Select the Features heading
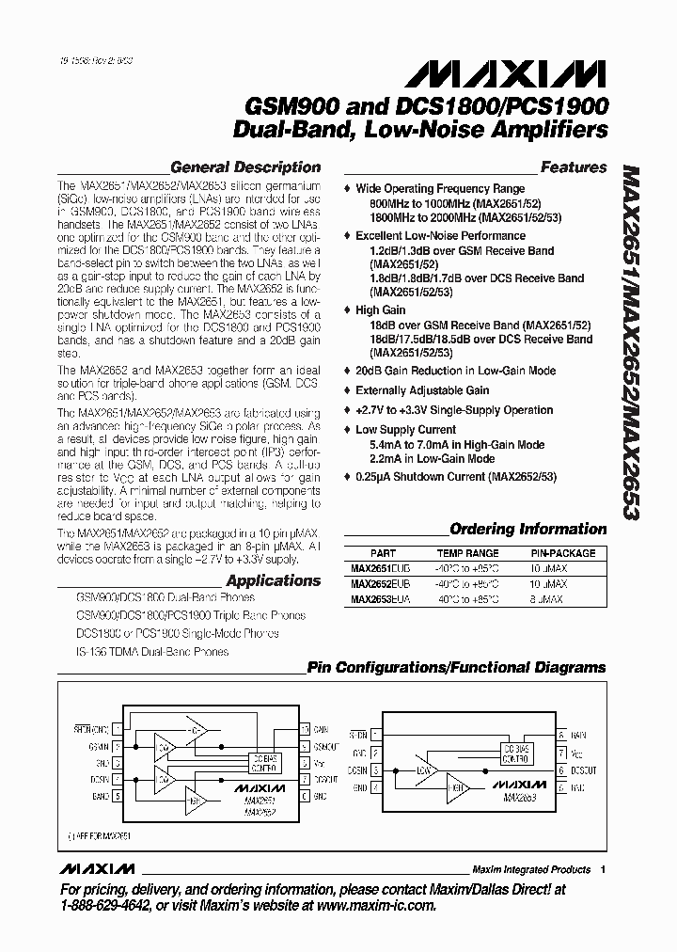click(x=574, y=167)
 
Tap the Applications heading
click(x=274, y=580)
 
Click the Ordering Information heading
click(x=528, y=529)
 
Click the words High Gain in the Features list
click(x=380, y=309)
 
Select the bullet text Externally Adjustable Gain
click(x=422, y=390)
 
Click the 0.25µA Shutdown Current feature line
click(x=456, y=477)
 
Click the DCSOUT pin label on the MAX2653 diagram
click(x=580, y=769)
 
